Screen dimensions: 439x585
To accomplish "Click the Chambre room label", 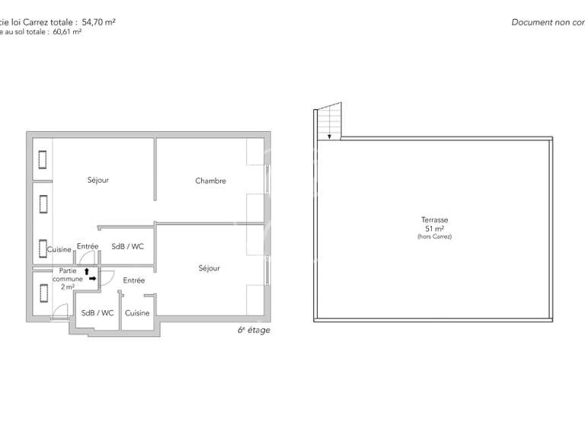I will pyautogui.click(x=210, y=181).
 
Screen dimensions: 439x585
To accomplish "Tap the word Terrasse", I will pyautogui.click(x=434, y=219).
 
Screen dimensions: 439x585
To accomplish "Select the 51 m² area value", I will pyautogui.click(x=434, y=228).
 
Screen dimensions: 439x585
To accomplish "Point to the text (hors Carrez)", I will pyautogui.click(x=434, y=237).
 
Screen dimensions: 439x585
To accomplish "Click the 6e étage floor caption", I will pyautogui.click(x=254, y=330).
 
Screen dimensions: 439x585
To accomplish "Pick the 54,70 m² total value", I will pyautogui.click(x=98, y=22).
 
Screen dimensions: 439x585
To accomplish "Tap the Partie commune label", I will pyautogui.click(x=68, y=275).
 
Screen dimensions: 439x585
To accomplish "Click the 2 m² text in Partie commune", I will pyautogui.click(x=68, y=287).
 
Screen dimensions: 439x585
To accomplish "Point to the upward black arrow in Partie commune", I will pyautogui.click(x=87, y=271).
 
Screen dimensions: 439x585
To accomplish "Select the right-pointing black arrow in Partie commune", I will pyautogui.click(x=93, y=279).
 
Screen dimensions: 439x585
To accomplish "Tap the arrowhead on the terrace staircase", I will pyautogui.click(x=329, y=136).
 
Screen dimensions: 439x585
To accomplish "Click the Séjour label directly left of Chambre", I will pyautogui.click(x=97, y=180).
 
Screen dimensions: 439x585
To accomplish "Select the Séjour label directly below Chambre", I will pyautogui.click(x=209, y=268).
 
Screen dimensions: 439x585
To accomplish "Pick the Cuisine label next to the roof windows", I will pyautogui.click(x=59, y=249).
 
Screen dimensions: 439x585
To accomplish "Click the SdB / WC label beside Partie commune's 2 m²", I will pyautogui.click(x=97, y=312).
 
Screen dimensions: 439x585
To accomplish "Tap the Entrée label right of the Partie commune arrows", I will pyautogui.click(x=134, y=280).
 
